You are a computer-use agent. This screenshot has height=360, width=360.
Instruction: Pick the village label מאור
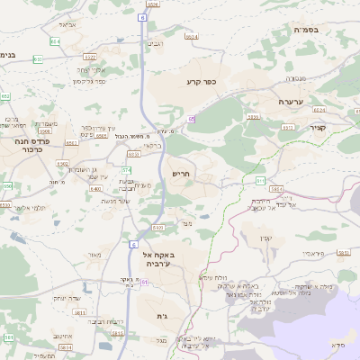click(94, 256)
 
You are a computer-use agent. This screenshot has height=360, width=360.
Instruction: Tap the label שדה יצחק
click(67, 297)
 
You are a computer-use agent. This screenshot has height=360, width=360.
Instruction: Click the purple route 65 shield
click(191, 118)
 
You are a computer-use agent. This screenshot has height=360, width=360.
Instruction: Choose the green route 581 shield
click(8, 337)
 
